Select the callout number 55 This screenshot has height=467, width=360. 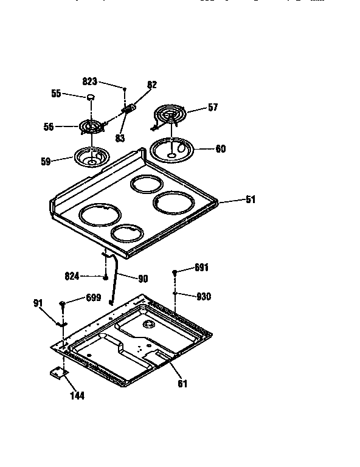point(56,94)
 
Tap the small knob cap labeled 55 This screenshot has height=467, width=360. point(91,97)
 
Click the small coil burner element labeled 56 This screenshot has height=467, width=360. point(91,126)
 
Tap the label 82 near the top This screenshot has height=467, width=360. point(152,85)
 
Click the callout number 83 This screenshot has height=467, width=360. point(119,138)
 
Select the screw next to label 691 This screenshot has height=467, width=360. point(175,272)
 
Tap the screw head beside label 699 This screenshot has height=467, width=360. point(63,303)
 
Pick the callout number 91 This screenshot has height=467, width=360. point(38,302)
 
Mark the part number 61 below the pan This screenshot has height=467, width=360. point(183,383)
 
